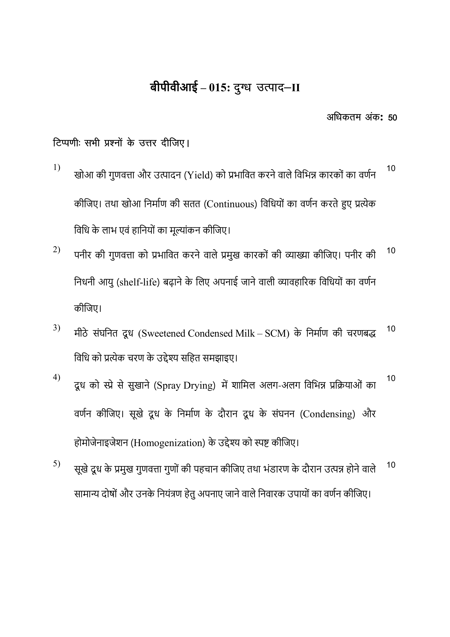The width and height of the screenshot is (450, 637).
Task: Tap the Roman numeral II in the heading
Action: click(296, 88)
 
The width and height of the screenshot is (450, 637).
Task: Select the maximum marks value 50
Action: click(392, 118)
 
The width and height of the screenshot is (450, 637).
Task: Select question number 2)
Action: click(57, 249)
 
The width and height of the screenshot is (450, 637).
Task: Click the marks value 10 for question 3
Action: click(391, 329)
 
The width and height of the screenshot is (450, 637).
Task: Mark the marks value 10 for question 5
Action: click(391, 465)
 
